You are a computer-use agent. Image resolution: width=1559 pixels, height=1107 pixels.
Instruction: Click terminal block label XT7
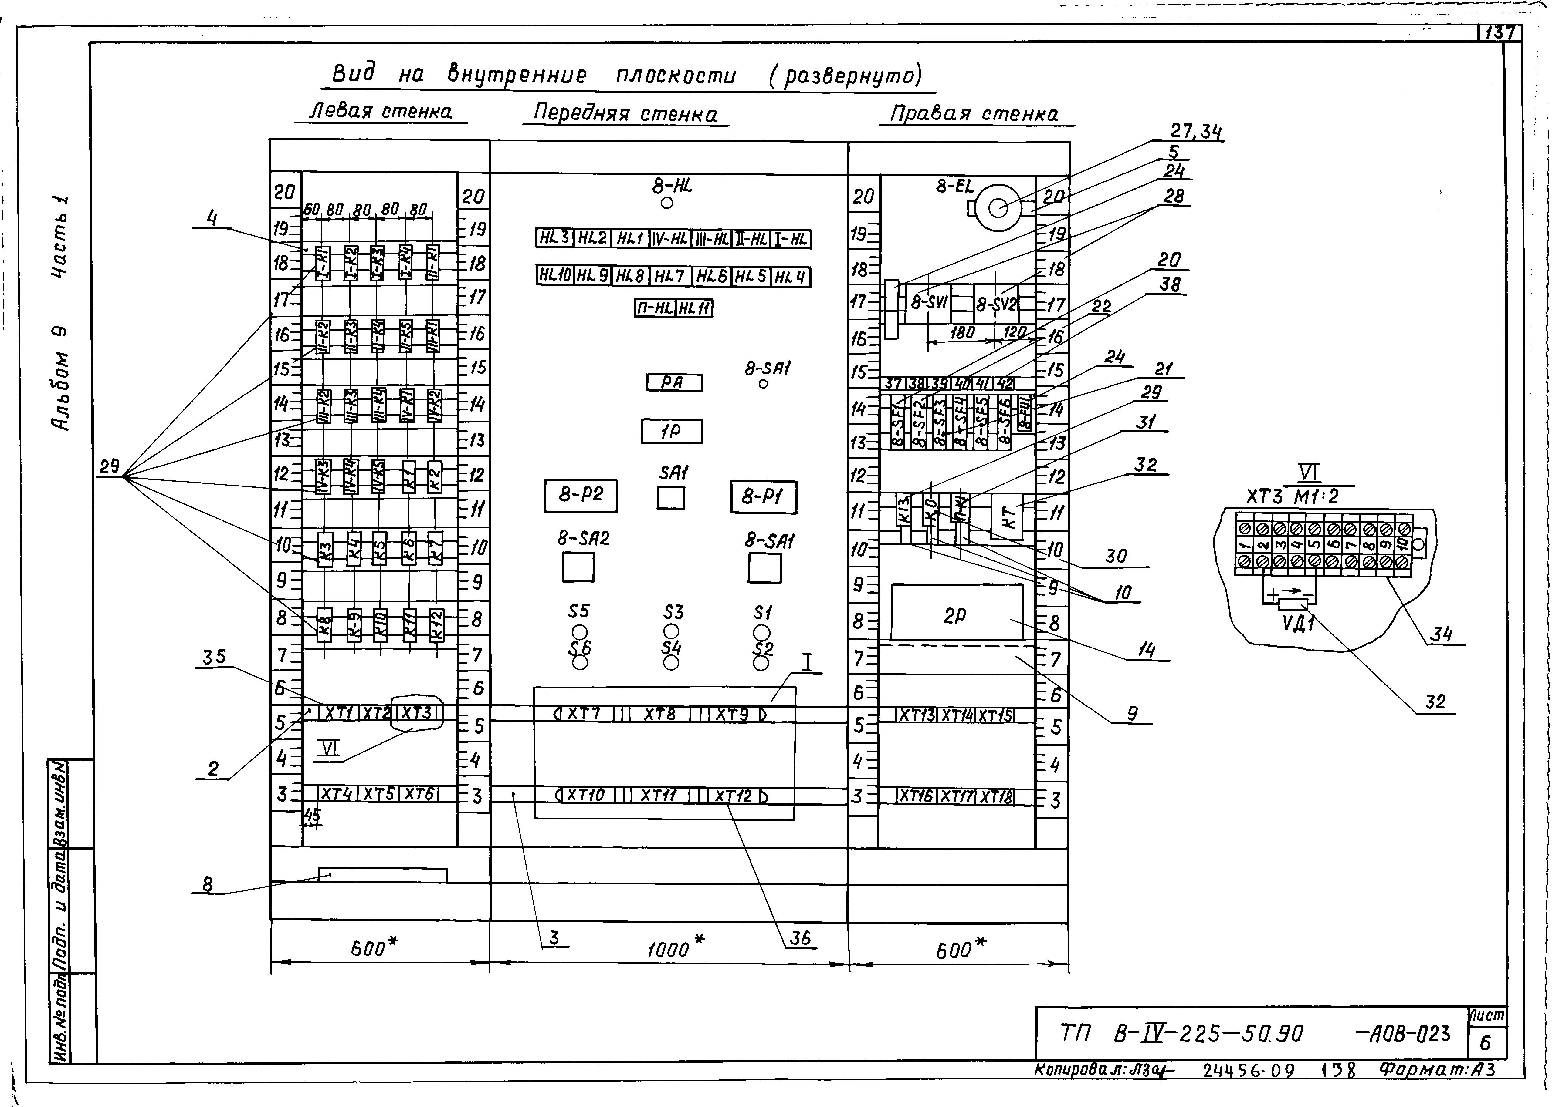click(x=583, y=714)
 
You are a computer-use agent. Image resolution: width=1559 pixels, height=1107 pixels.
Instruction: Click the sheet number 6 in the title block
click(x=1485, y=1043)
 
